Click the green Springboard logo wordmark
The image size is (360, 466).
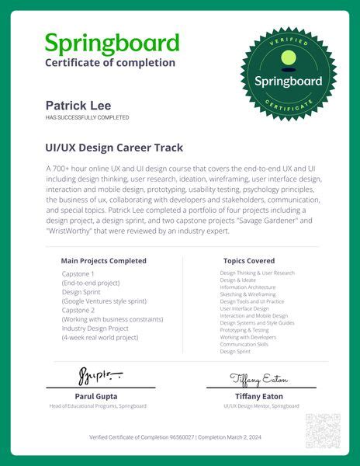[112, 43]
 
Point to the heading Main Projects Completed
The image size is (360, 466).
[103, 261]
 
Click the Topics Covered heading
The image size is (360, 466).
[249, 261]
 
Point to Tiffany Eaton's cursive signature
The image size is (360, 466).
[259, 378]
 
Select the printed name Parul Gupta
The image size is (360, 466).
[98, 396]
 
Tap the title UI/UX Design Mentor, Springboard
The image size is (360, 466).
[261, 406]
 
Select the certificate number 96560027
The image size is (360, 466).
[182, 438]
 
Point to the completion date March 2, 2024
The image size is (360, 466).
[246, 438]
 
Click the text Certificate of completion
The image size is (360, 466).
[110, 63]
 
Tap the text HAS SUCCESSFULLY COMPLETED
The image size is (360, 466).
[87, 117]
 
